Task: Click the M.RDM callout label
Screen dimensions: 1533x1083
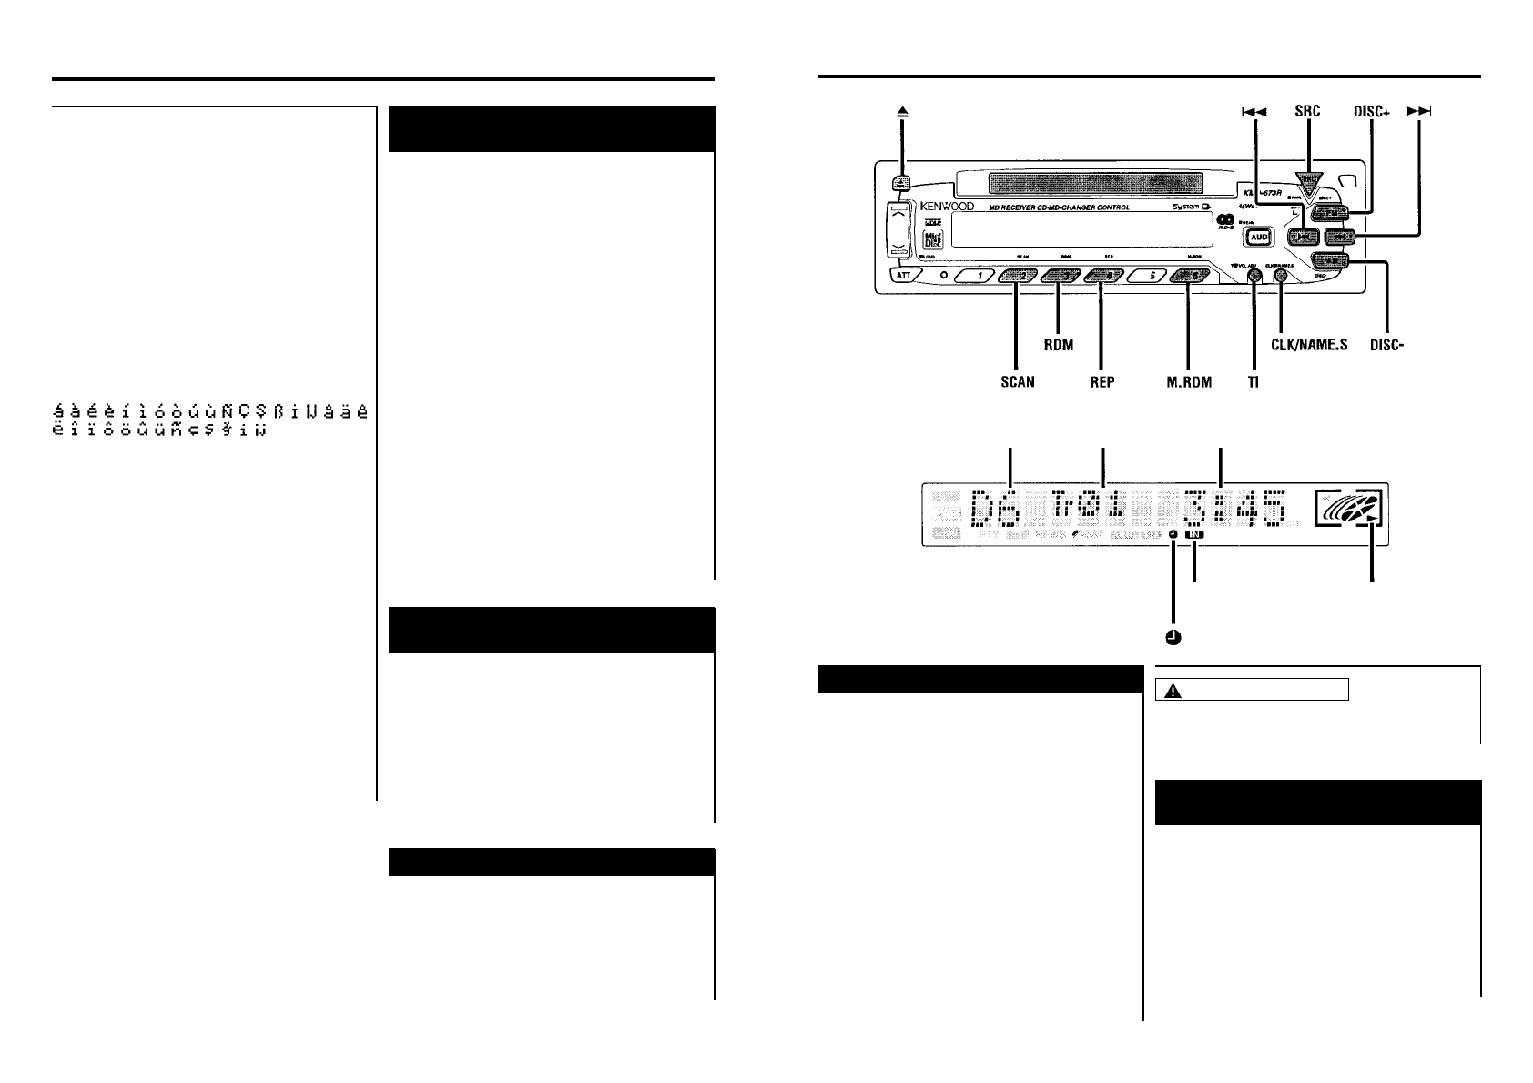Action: (1189, 382)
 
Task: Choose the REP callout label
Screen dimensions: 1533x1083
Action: (1102, 382)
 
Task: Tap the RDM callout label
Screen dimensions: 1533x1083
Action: (1059, 345)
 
